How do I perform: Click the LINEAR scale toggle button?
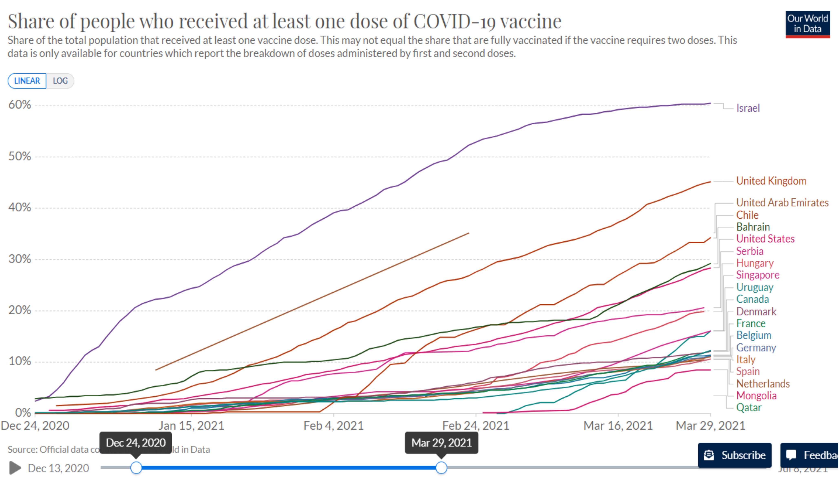pos(27,81)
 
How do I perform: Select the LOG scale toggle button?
pos(60,81)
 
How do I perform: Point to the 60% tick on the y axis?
pos(20,105)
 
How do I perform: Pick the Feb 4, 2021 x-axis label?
pos(333,426)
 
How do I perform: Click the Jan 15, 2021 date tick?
pos(191,426)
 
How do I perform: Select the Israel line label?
pos(748,108)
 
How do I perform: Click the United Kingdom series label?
pos(771,181)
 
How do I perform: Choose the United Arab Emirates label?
pos(782,203)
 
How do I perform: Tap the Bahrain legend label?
pos(753,227)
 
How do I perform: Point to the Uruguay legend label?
pos(755,288)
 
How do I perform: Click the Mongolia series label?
pos(756,396)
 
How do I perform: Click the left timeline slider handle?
pos(136,468)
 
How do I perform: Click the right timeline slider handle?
pos(441,468)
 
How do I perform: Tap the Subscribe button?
pos(735,455)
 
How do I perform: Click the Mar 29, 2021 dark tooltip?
pos(441,443)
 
